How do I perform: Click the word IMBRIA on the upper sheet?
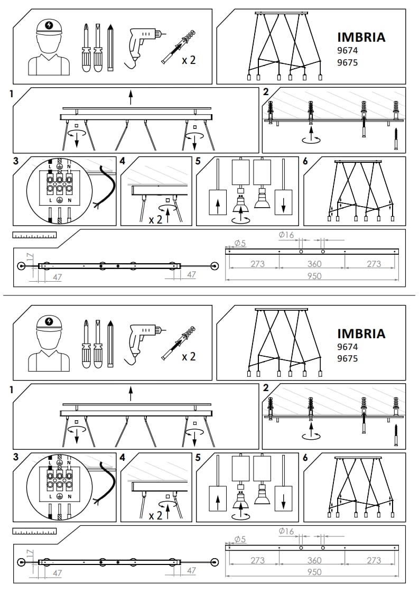361,37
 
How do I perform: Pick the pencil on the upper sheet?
110,48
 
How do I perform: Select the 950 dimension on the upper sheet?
314,276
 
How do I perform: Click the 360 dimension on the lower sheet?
314,560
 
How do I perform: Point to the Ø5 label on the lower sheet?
240,539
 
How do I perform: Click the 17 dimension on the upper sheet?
30,258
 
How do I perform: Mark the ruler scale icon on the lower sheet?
34,531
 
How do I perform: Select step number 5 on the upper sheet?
198,161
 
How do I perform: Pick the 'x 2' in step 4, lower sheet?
155,515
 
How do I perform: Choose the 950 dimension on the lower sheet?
314,572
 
